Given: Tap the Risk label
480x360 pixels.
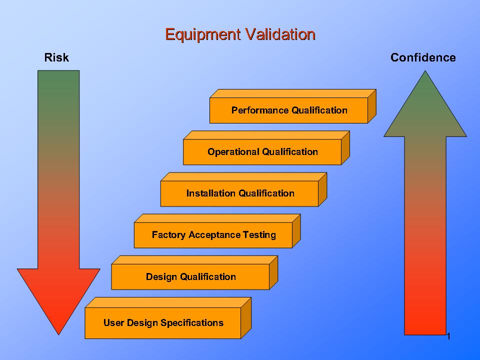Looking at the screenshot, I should pyautogui.click(x=56, y=57).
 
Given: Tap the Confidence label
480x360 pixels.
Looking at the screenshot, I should pyautogui.click(x=423, y=57).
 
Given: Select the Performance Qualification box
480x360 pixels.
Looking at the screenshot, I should pyautogui.click(x=289, y=110).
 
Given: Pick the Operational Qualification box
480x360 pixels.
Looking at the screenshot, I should pyautogui.click(x=262, y=152).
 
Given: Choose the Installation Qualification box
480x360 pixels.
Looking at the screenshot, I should pyautogui.click(x=240, y=193).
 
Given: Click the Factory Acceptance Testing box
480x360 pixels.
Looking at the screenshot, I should pyautogui.click(x=213, y=235).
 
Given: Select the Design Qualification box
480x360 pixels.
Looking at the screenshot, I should pyautogui.click(x=190, y=276).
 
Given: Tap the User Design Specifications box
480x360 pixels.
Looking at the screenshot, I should pyautogui.click(x=163, y=323).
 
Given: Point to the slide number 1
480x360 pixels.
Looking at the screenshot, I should pyautogui.click(x=448, y=336).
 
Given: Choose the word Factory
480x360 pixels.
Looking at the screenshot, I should pyautogui.click(x=168, y=235).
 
